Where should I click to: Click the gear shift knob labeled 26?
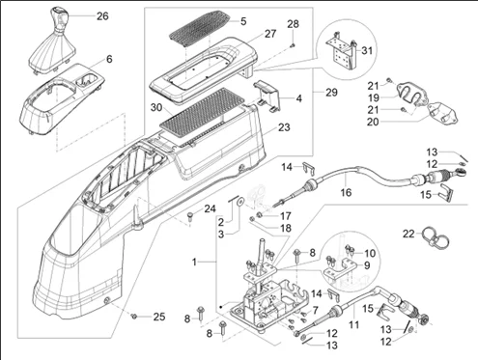point(57,21)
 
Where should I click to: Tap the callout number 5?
point(243,21)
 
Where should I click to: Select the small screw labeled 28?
point(293,45)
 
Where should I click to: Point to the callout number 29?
point(331,93)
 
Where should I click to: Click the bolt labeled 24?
point(190,216)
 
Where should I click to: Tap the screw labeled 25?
point(134,317)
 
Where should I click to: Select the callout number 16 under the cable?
point(346,192)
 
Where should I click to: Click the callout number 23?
point(284,127)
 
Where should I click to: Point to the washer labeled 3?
point(239,203)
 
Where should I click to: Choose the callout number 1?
point(194,263)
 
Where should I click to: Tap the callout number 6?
point(109,59)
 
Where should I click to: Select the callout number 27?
point(270,34)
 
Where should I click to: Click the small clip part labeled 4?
point(267,96)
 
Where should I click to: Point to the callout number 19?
point(374,97)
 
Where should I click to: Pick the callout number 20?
point(373,122)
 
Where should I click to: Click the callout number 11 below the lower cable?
point(353,325)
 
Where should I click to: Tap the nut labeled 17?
point(258,214)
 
